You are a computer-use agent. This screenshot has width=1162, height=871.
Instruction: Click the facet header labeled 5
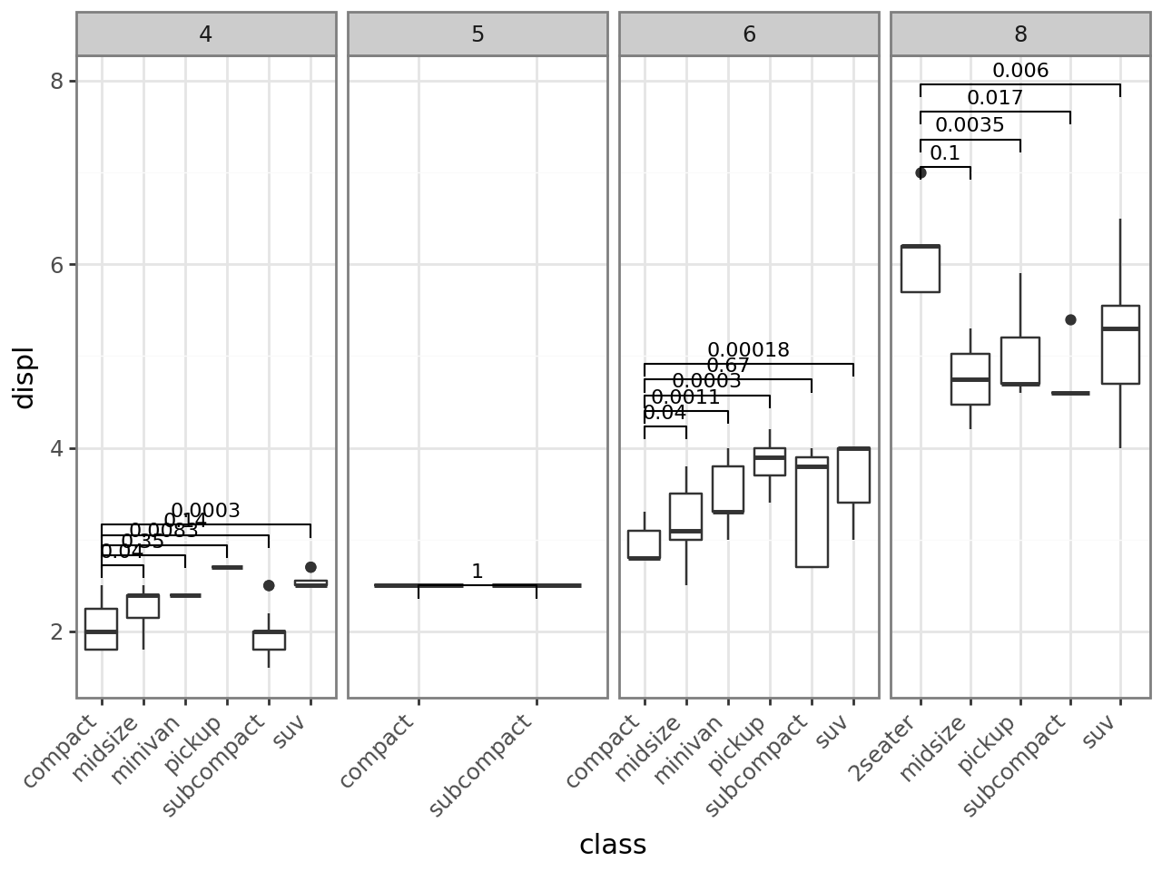(x=478, y=34)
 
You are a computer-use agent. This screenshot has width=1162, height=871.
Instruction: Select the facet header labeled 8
(x=1020, y=34)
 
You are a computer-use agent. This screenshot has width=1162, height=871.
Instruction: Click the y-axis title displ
(x=24, y=377)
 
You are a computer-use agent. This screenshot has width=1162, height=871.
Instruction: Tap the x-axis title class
(x=613, y=845)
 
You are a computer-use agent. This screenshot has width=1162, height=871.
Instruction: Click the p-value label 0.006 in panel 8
(x=1020, y=71)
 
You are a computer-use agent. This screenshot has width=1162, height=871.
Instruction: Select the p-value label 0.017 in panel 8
(x=995, y=98)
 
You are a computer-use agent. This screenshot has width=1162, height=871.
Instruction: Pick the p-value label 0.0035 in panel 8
(x=970, y=125)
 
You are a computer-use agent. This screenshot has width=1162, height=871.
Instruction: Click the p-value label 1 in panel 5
(x=478, y=572)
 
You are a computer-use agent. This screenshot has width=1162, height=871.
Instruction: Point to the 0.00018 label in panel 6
(x=748, y=350)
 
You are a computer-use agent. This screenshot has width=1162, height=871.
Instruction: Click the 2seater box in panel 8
(x=921, y=268)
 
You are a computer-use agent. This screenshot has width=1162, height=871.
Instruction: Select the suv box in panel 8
(x=1120, y=345)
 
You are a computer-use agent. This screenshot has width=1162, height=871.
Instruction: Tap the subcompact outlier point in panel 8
(x=1070, y=319)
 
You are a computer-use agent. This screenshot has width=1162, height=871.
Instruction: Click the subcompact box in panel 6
(x=812, y=513)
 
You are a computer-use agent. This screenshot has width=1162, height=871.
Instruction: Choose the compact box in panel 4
(x=102, y=629)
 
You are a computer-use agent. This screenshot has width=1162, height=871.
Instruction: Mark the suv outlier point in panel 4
(x=310, y=567)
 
